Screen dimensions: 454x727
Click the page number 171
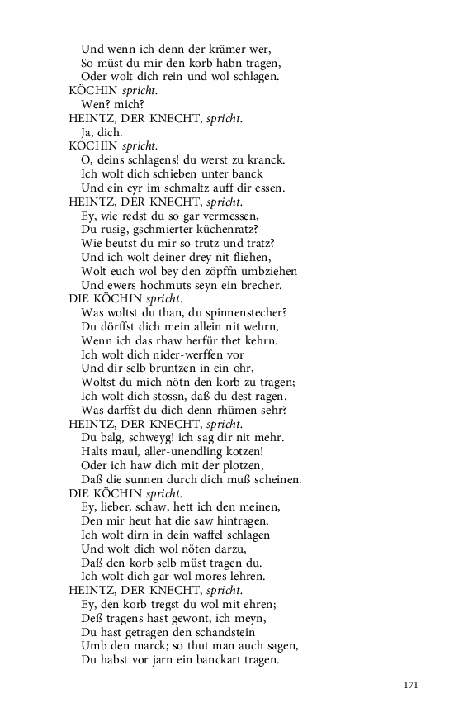click(x=413, y=685)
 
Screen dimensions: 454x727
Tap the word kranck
click(x=266, y=160)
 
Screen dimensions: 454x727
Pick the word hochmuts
click(x=174, y=286)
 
